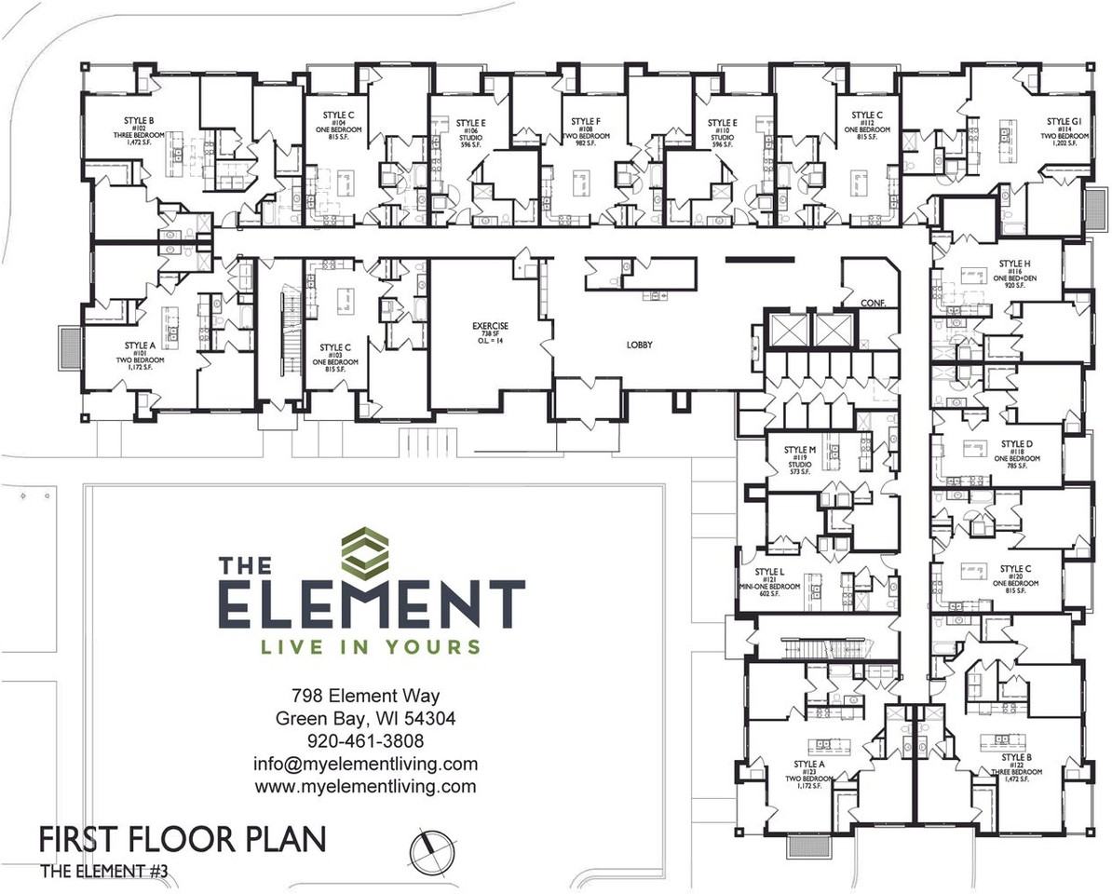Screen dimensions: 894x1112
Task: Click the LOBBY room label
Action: pyautogui.click(x=639, y=345)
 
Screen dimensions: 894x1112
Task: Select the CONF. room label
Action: pyautogui.click(x=873, y=303)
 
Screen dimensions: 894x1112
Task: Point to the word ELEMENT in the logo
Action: pyautogui.click(x=372, y=605)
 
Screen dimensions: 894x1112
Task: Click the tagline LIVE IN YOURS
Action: pyautogui.click(x=372, y=646)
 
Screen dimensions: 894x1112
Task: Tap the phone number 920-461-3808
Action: pyautogui.click(x=365, y=741)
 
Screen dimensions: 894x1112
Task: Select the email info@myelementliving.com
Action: pyautogui.click(x=365, y=764)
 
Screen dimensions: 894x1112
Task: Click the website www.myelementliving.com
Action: pyautogui.click(x=365, y=786)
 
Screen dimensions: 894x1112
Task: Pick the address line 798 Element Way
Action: pyautogui.click(x=365, y=696)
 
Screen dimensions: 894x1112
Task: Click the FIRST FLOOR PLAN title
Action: pyautogui.click(x=183, y=839)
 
